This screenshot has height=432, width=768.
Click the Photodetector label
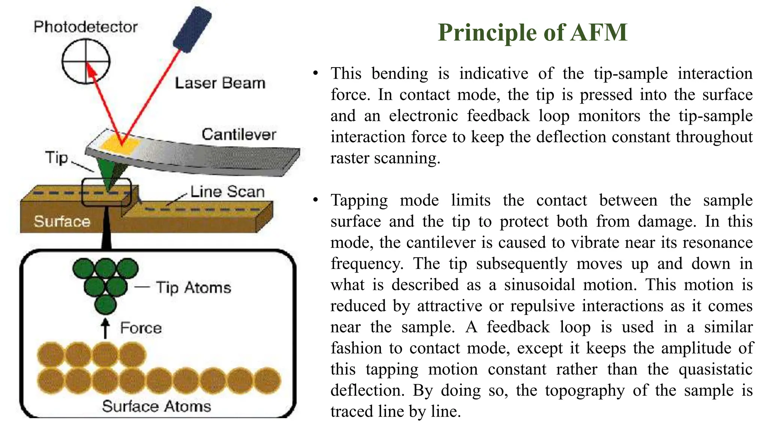coord(85,27)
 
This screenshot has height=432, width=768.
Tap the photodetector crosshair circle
coord(86,61)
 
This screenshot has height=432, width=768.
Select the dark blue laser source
coord(192,29)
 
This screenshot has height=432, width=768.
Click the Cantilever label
coord(239,134)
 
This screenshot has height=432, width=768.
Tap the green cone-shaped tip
coord(109,174)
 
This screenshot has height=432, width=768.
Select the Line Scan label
coord(227,192)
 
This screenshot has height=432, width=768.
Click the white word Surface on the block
coord(62,221)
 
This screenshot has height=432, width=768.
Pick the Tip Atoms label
coord(193,288)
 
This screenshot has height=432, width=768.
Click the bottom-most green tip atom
coord(105,304)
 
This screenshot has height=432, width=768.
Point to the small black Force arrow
coord(105,328)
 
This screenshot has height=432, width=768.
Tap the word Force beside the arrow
coord(141,328)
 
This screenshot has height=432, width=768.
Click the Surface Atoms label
coord(156,406)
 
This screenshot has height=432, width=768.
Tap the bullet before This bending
coord(316,73)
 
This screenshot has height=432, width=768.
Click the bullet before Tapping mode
coord(316,200)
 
